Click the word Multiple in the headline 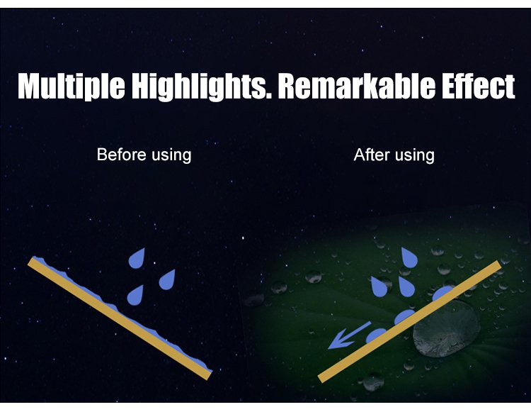pyautogui.click(x=72, y=87)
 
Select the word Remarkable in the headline pyautogui.click(x=356, y=86)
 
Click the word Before pyautogui.click(x=121, y=155)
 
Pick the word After pyautogui.click(x=372, y=155)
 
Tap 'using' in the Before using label pyautogui.click(x=171, y=156)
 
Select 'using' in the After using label pyautogui.click(x=414, y=156)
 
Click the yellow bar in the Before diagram pyautogui.click(x=119, y=318)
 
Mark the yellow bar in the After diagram pyautogui.click(x=409, y=321)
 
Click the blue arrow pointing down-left pyautogui.click(x=349, y=335)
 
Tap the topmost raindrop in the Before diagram pyautogui.click(x=137, y=258)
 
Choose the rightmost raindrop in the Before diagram pyautogui.click(x=167, y=280)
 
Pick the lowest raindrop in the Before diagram pyautogui.click(x=135, y=296)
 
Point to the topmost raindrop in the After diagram pyautogui.click(x=409, y=257)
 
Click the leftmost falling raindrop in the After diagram pyautogui.click(x=379, y=287)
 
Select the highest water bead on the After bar pyautogui.click(x=442, y=293)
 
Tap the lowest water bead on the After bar pyautogui.click(x=376, y=335)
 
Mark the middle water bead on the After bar pyautogui.click(x=405, y=316)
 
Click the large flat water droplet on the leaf pyautogui.click(x=446, y=328)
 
